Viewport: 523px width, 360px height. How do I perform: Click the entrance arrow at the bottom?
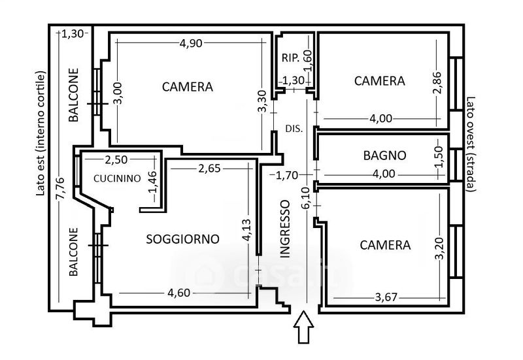click(303, 327)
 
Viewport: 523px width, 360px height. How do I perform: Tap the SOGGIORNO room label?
click(183, 239)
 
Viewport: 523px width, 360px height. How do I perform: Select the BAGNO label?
click(385, 155)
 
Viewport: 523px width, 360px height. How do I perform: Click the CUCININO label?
click(117, 178)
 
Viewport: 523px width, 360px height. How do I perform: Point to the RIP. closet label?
click(290, 58)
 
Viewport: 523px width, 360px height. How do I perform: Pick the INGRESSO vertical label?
click(285, 229)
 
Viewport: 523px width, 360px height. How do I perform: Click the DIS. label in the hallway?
click(294, 129)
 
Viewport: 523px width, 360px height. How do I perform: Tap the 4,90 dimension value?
click(191, 43)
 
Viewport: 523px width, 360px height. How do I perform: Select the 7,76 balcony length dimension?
click(61, 189)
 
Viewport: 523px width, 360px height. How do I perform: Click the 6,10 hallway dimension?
click(307, 198)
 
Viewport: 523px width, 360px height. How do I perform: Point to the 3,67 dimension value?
click(386, 297)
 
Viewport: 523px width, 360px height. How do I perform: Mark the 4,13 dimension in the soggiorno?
click(247, 230)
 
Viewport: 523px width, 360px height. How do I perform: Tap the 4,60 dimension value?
click(178, 293)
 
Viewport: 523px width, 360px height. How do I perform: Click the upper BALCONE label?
click(74, 95)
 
